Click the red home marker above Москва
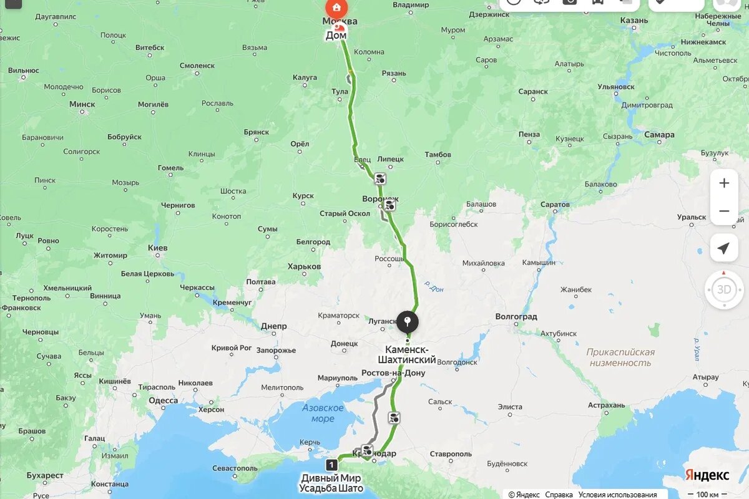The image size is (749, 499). click(336, 7)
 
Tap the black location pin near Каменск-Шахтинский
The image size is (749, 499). click(408, 322)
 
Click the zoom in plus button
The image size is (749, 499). click(724, 183)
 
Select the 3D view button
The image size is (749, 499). click(724, 289)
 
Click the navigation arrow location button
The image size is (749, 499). click(724, 249)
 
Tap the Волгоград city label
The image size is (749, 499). click(516, 316)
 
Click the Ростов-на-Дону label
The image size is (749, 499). click(393, 373)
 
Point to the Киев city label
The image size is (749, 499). click(158, 248)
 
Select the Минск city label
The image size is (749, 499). click(82, 104)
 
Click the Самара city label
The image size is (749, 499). click(659, 135)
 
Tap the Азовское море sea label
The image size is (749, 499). click(323, 413)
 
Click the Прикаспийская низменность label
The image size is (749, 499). click(620, 357)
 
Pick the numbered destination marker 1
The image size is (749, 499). click(331, 465)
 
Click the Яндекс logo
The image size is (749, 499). click(707, 475)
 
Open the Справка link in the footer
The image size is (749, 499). click(559, 495)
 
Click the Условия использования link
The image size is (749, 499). click(617, 495)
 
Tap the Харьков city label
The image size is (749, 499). click(304, 266)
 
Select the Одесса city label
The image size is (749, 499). click(164, 400)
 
